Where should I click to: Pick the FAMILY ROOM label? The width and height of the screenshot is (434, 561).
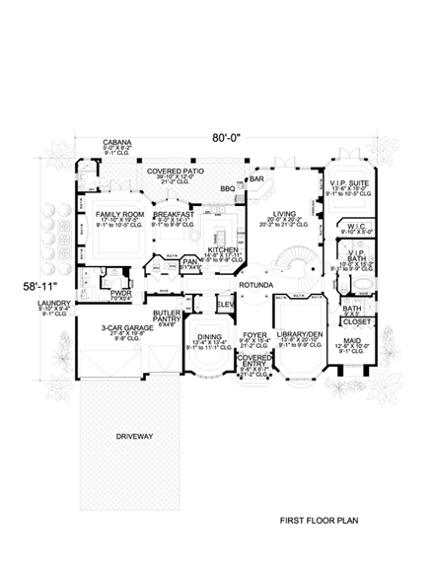[119, 212]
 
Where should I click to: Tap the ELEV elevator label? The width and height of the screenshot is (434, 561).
[225, 305]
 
